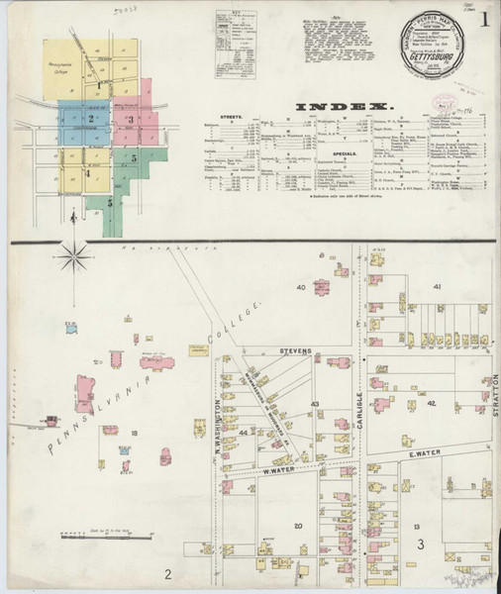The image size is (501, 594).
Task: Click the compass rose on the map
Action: [74, 258]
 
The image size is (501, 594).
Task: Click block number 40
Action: [299, 287]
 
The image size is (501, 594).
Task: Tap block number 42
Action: [431, 404]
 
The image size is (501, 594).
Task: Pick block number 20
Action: [296, 525]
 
